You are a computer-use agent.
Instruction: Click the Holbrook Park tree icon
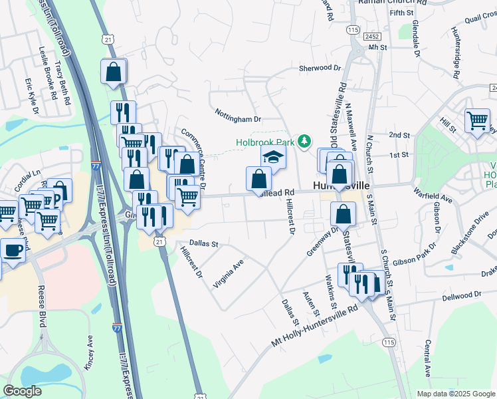(x=304, y=141)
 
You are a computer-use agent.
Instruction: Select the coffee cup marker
(x=13, y=250)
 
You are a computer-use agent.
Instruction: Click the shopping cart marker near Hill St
(x=476, y=121)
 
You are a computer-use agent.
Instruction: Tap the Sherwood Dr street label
(x=320, y=68)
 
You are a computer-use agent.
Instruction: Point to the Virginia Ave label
(x=229, y=273)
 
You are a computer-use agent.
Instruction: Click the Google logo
(x=22, y=391)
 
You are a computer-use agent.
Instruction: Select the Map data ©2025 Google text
(x=455, y=394)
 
